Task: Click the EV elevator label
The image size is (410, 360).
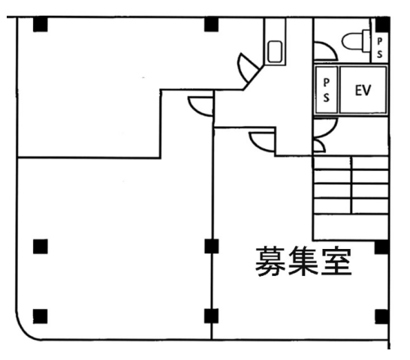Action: coord(363,90)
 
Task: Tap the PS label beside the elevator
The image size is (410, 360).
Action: coord(326,90)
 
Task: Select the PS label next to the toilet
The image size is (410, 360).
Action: coord(379,47)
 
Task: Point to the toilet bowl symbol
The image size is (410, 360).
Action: coord(352,41)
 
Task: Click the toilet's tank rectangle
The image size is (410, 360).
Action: coord(366,41)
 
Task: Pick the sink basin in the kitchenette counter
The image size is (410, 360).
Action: coord(275,52)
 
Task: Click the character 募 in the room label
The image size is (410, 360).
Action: coord(270,261)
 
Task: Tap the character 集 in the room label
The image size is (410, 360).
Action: coord(303,261)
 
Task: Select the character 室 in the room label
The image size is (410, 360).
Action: coord(336,261)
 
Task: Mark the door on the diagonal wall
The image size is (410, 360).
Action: coord(248,68)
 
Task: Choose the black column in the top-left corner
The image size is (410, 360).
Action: coord(41,24)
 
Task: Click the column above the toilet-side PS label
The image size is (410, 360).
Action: coord(382,25)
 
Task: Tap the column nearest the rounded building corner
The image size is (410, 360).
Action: coord(41,316)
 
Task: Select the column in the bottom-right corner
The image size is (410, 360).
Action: coord(381,316)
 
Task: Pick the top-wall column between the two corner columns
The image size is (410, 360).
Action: coord(211,24)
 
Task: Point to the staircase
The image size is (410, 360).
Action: coord(351,198)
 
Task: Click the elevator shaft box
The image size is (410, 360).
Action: coord(363,90)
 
